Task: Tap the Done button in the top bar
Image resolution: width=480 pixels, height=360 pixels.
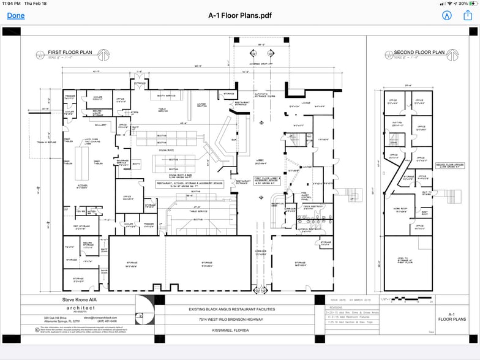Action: coord(16,16)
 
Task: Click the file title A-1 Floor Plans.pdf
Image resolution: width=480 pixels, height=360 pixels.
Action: coord(239,16)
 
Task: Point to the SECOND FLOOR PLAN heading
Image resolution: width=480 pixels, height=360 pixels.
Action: coord(419,53)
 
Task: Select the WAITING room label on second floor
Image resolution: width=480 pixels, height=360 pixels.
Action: coord(396,122)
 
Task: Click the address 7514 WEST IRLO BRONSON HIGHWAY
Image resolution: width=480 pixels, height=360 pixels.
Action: coord(240,320)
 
